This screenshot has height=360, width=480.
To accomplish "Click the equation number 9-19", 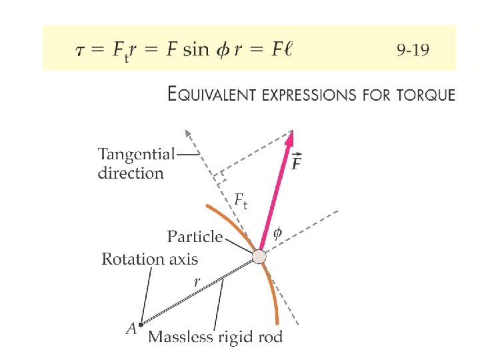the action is point(413,49).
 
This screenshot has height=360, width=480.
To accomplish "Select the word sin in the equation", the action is point(195,50).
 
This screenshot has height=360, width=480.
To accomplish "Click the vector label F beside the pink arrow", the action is point(300,162).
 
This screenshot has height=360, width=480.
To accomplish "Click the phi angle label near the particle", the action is point(278,233).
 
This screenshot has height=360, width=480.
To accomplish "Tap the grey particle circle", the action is point(259,257).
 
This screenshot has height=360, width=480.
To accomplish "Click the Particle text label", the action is point(194,237).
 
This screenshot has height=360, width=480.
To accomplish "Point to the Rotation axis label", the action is point(149,259).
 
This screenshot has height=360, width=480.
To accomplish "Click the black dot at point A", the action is point(141,325).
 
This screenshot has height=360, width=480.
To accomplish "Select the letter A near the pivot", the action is point(131,328).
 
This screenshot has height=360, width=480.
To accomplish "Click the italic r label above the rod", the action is point(197,283).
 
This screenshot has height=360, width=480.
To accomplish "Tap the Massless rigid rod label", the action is point(215,337).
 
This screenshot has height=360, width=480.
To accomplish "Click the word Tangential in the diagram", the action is point(136,154).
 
